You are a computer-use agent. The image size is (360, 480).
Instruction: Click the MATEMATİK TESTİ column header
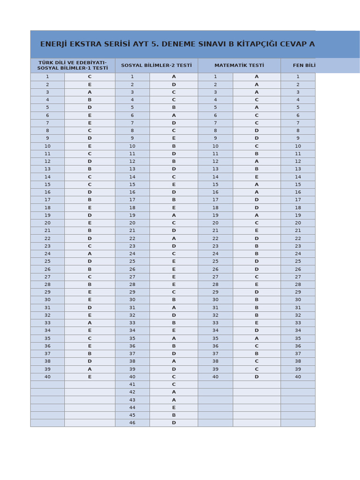[239, 66]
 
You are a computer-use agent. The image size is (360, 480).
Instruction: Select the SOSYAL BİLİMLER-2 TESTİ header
[156, 66]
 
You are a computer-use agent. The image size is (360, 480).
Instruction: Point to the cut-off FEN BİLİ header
[304, 66]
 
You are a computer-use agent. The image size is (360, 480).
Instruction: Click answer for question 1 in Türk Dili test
[90, 77]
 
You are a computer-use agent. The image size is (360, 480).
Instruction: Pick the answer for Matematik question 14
[256, 177]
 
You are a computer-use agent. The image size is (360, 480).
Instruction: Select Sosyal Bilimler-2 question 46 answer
[173, 423]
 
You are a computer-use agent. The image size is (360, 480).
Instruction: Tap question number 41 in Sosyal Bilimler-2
[132, 384]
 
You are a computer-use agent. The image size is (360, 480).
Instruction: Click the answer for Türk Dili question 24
[90, 254]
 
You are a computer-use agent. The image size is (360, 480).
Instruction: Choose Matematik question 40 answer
[256, 377]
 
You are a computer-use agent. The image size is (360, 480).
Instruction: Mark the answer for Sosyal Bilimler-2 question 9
[173, 138]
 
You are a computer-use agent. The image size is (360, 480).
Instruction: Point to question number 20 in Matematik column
[215, 223]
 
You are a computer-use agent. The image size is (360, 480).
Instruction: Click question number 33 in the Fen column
[298, 323]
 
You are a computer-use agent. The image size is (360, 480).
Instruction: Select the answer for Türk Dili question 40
[90, 377]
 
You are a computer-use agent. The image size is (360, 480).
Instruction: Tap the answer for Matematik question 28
[256, 285]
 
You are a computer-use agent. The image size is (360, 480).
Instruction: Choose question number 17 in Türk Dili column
[47, 200]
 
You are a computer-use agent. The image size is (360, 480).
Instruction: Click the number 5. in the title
[160, 44]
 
